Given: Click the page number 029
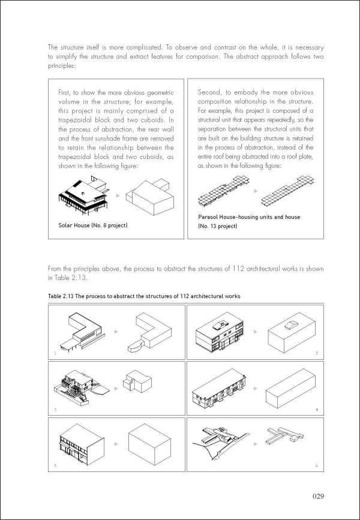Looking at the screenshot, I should click(x=318, y=495).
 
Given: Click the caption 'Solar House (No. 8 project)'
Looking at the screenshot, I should click(x=88, y=225).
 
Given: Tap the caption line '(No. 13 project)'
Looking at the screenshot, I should click(x=217, y=226).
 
